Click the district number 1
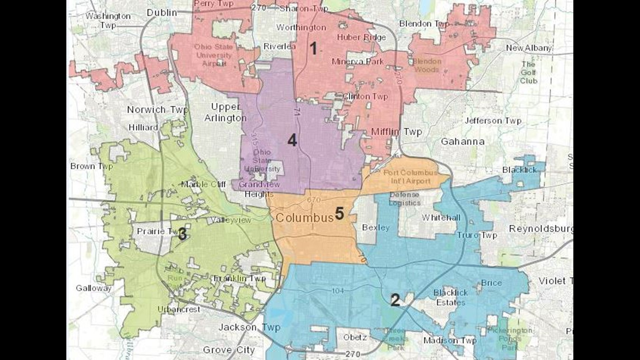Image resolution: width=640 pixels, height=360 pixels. [x=313, y=49]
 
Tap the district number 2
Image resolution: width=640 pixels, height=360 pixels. [x=395, y=300]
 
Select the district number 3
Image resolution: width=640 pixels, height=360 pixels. [x=182, y=234]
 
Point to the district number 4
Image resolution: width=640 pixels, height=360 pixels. [x=292, y=140]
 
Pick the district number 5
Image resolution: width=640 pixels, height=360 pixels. [x=339, y=213]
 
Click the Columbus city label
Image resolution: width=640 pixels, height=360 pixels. [x=304, y=218]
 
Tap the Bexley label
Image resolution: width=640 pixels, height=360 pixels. [x=376, y=228]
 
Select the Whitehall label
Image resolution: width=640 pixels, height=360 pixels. [x=441, y=218]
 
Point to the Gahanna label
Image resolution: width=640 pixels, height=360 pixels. [x=463, y=142]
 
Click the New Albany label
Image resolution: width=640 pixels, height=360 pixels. [x=529, y=48]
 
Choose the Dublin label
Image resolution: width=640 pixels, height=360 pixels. [x=162, y=13]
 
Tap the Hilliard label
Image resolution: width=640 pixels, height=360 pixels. [x=143, y=127]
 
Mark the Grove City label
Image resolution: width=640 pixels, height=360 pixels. [x=229, y=350]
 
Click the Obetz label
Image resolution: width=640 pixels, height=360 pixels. [x=355, y=337]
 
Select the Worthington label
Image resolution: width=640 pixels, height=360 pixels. [x=301, y=27]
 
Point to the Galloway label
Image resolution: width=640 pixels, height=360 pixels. [x=94, y=288]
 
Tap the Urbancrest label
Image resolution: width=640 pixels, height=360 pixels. [x=179, y=309]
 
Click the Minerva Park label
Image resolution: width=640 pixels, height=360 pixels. [x=358, y=62]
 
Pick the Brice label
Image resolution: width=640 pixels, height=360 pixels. [x=491, y=283]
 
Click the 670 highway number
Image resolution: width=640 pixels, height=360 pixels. [x=314, y=200]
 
